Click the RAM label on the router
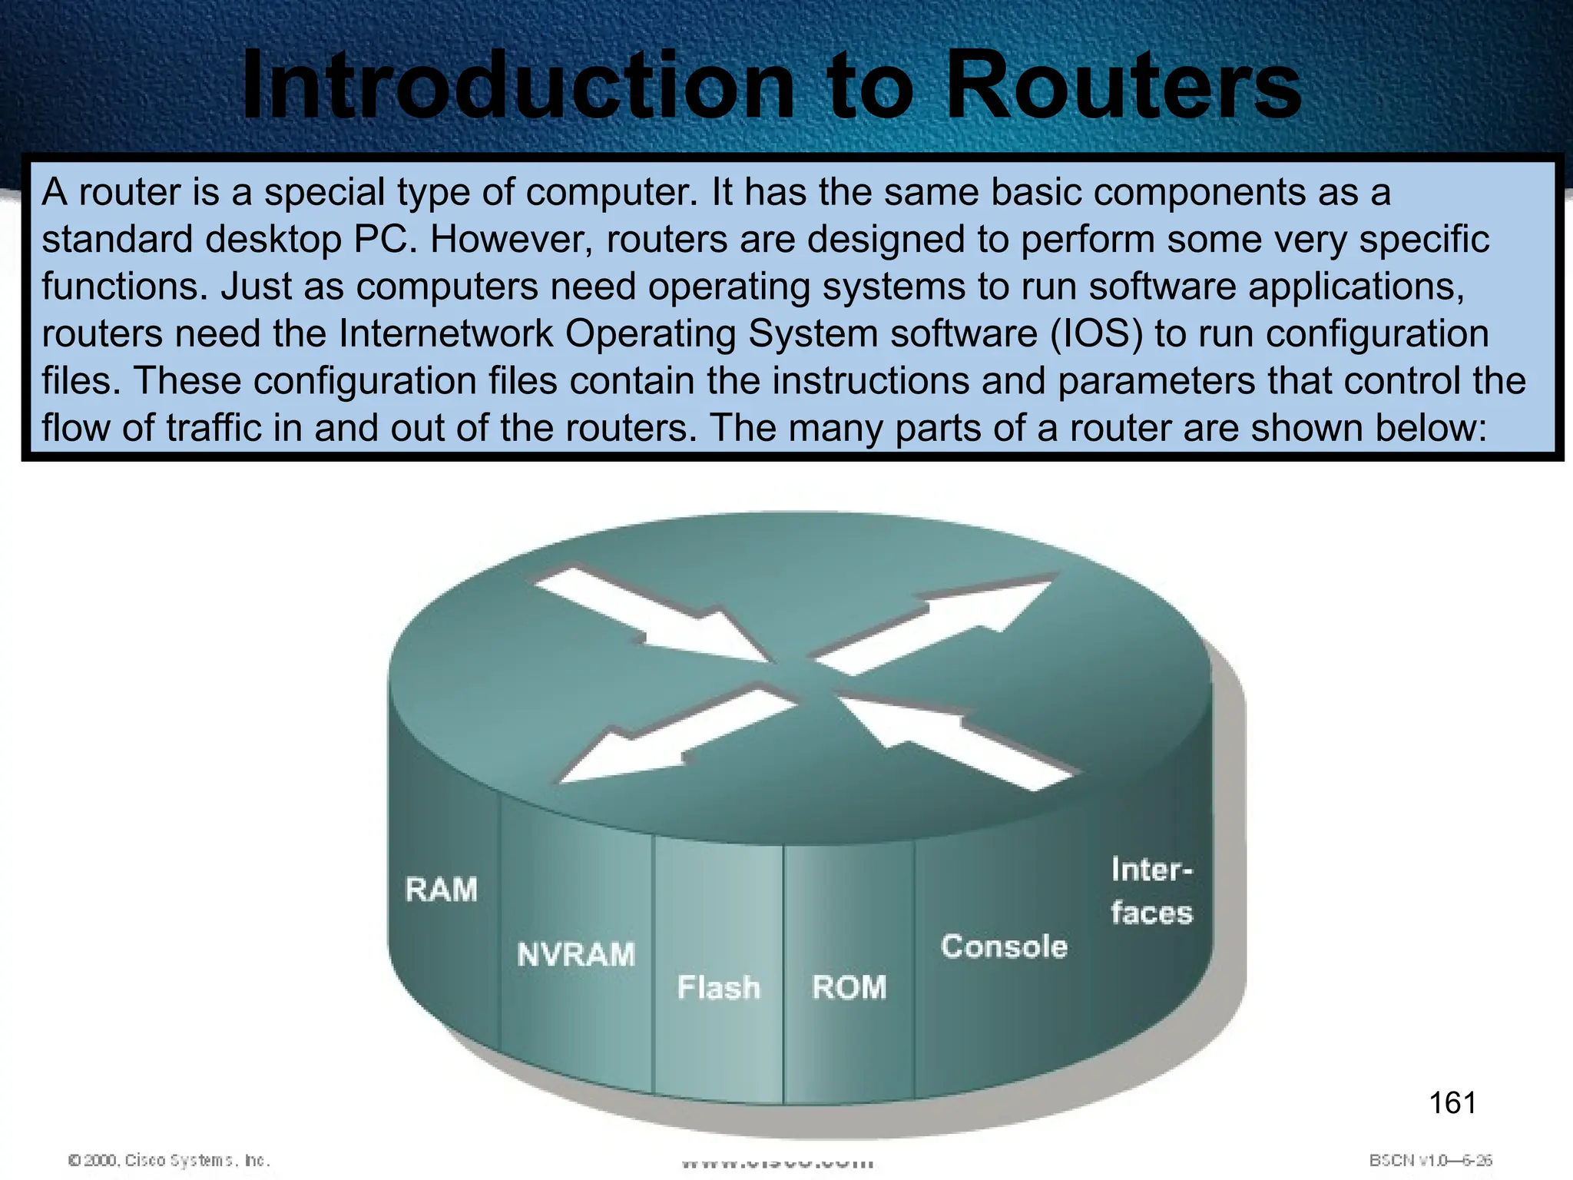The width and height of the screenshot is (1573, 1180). (x=442, y=890)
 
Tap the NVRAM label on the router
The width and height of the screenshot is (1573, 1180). (x=576, y=955)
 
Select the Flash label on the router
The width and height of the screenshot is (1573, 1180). (x=718, y=988)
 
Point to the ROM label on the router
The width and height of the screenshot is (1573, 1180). (x=849, y=988)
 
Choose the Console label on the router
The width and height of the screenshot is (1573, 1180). (x=1004, y=946)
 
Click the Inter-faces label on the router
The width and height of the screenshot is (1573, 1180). (x=1151, y=891)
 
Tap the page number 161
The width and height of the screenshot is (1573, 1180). (x=1452, y=1103)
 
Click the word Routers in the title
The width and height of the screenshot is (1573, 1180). (x=1121, y=86)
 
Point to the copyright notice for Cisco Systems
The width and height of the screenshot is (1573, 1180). (x=169, y=1160)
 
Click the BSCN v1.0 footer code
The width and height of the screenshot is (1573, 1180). (x=1430, y=1160)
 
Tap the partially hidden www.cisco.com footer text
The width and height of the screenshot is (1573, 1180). (x=777, y=1163)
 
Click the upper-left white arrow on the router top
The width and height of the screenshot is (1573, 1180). (x=649, y=615)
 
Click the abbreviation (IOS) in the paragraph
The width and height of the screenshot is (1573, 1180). (x=1095, y=334)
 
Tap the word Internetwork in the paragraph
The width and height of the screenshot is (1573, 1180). (x=445, y=334)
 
